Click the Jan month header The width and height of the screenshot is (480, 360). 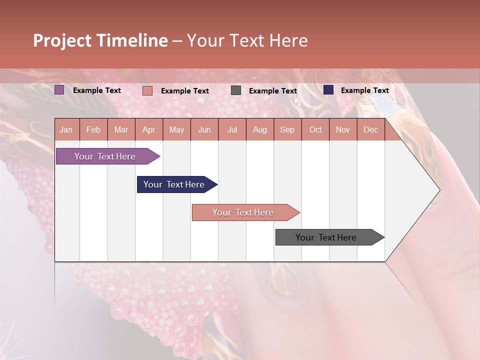[66, 130]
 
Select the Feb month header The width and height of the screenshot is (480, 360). [93, 130]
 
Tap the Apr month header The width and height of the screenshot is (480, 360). [148, 130]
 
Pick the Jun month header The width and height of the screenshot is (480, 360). [204, 130]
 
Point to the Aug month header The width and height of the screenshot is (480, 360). [259, 130]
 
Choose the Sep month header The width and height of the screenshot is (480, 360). [287, 130]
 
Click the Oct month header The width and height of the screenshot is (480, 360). [315, 130]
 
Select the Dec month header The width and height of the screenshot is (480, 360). [370, 130]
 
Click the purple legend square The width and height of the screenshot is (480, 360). [59, 90]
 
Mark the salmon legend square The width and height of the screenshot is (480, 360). [147, 90]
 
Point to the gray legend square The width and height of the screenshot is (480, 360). [236, 90]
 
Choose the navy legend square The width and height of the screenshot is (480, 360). [328, 90]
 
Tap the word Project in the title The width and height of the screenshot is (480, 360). [62, 40]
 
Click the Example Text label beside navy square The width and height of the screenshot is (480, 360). [364, 90]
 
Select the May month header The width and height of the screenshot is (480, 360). [176, 130]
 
